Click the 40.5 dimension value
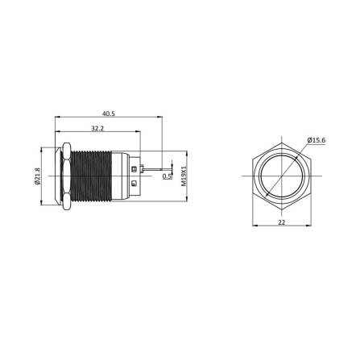pos(109,114)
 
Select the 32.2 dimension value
pos(96,128)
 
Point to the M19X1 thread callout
pos(184,176)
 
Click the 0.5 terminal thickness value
pos(167,176)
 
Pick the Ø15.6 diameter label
pos(317,141)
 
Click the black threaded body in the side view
pos(95,176)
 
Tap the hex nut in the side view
pos(64,176)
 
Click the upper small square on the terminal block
pos(134,167)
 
